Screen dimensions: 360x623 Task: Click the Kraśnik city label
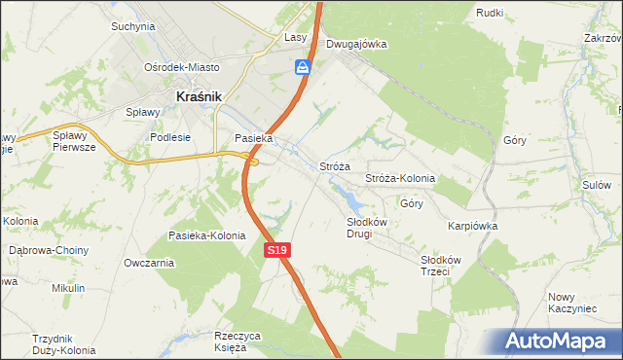coord(200,96)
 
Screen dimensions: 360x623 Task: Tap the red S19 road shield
coord(277,250)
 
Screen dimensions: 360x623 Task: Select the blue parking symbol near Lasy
coord(304,66)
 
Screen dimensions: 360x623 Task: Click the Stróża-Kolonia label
coord(399,179)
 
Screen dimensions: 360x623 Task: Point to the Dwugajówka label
coord(356,44)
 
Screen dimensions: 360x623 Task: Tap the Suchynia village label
coord(133,26)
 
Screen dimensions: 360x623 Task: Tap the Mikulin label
coord(69,288)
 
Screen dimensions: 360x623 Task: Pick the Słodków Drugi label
coord(368,228)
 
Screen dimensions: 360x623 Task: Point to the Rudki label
coord(488,12)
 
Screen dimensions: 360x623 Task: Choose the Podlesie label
coord(169,137)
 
